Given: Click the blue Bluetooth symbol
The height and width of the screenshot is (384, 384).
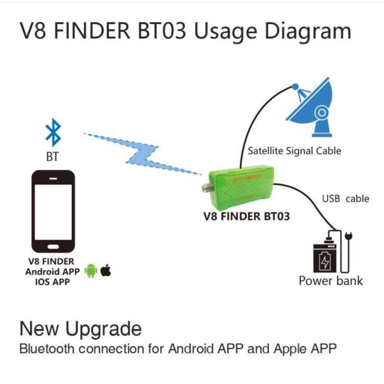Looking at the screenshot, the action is click(53, 132).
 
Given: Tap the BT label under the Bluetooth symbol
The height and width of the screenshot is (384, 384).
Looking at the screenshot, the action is click(52, 156).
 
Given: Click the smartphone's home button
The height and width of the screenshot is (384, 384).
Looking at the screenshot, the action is click(53, 247).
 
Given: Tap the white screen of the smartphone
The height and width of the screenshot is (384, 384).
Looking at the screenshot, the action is click(53, 212).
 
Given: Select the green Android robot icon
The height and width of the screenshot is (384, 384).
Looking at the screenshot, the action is click(91, 271).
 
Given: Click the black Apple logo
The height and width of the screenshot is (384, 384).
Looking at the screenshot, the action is click(106, 270).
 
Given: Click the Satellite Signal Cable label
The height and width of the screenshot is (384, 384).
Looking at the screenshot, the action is click(294, 151).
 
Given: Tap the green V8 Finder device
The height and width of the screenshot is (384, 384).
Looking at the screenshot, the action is click(241, 188).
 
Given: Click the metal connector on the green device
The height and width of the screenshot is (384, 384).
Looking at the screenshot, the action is click(206, 188).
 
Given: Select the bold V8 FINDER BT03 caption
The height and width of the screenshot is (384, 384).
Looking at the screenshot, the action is click(247, 216).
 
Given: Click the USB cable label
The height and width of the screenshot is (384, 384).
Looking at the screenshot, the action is click(346, 199).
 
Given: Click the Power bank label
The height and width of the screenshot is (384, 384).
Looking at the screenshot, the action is click(331, 281).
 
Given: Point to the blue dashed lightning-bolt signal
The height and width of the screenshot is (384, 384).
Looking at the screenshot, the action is click(142, 154).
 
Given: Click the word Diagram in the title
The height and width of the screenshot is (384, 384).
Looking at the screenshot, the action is click(308, 31).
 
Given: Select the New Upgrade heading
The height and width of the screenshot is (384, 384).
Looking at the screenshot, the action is click(80, 329).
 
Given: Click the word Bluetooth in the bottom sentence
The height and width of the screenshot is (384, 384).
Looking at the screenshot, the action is click(47, 349).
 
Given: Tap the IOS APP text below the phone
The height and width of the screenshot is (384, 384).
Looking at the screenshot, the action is click(52, 282).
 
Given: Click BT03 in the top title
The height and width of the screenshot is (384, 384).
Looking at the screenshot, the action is click(162, 31).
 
